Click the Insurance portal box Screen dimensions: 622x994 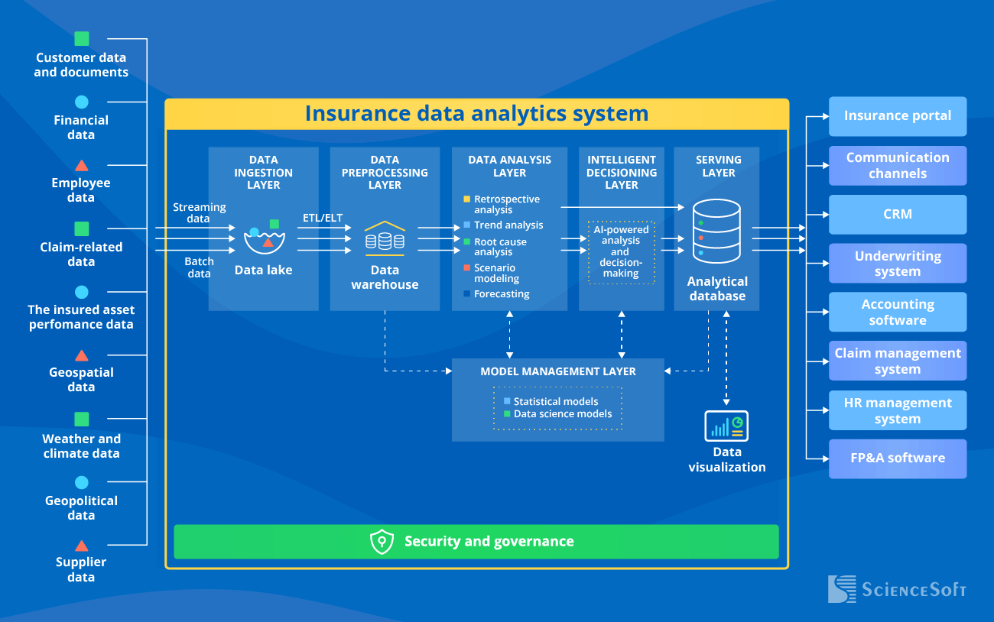898,116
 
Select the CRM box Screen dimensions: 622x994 898,214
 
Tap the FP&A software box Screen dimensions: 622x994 898,458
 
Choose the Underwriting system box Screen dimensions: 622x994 898,264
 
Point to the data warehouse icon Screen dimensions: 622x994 385,238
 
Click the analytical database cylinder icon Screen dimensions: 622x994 716,230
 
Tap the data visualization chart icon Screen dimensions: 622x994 726,426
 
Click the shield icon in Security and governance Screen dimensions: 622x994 382,542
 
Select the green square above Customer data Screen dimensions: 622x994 82,39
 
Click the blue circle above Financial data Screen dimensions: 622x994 82,102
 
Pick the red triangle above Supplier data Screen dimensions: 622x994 82,546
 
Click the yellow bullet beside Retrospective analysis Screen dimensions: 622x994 466,199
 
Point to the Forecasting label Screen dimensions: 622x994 501,294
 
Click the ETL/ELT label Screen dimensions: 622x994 323,218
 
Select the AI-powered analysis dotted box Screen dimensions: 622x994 621,251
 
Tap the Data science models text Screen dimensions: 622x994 562,414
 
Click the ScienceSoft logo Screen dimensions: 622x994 897,589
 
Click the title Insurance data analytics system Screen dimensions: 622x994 476,114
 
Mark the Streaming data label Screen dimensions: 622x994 199,212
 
